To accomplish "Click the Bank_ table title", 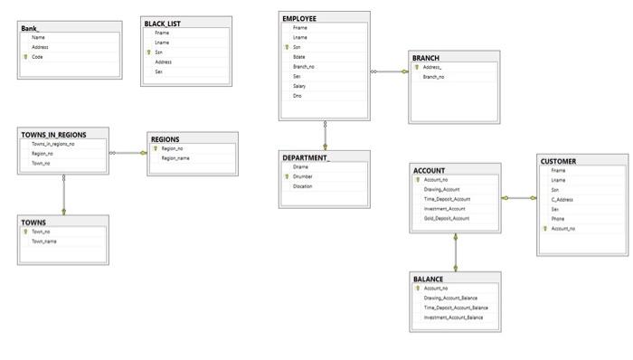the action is pyautogui.click(x=31, y=28).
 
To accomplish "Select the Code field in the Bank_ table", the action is pyautogui.click(x=38, y=57).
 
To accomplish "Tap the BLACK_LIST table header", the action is pyautogui.click(x=162, y=23).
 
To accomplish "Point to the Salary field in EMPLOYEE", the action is pyautogui.click(x=299, y=86).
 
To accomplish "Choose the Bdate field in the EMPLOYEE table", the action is pyautogui.click(x=299, y=57).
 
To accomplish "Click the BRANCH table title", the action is pyautogui.click(x=426, y=58).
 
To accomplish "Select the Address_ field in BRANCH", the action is pyautogui.click(x=432, y=68).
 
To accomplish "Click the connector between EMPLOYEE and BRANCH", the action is pyautogui.click(x=390, y=71).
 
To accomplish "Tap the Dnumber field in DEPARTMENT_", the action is pyautogui.click(x=303, y=176).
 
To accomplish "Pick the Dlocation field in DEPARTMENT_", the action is pyautogui.click(x=303, y=186).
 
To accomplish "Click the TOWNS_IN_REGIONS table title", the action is pyautogui.click(x=53, y=135).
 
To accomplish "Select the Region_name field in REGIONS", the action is pyautogui.click(x=175, y=158).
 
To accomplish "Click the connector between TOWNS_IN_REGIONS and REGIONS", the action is pyautogui.click(x=128, y=153).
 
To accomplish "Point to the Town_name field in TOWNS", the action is pyautogui.click(x=44, y=242).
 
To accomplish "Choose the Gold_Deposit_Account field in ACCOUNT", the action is pyautogui.click(x=447, y=218).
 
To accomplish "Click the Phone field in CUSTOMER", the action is pyautogui.click(x=558, y=219).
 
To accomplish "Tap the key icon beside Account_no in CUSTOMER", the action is pyautogui.click(x=544, y=229).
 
